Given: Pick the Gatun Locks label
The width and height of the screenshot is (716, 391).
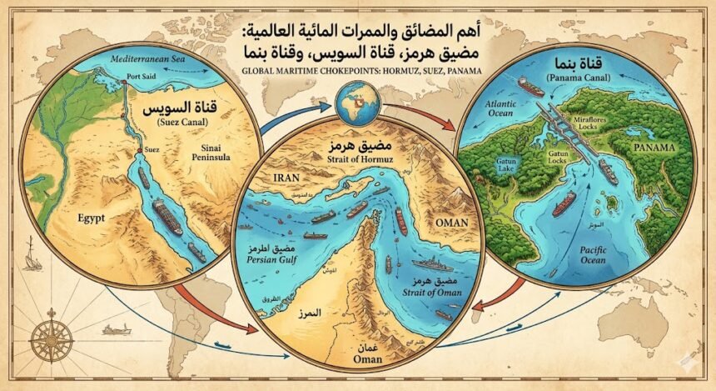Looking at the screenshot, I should (x=561, y=158).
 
